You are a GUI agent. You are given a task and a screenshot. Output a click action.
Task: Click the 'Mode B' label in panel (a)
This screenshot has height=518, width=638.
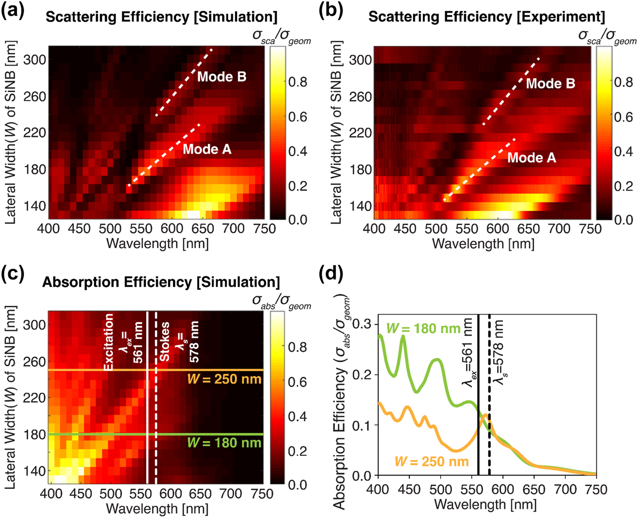tap(221, 76)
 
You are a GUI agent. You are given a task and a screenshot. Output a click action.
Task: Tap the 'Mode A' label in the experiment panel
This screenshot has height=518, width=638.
tap(531, 157)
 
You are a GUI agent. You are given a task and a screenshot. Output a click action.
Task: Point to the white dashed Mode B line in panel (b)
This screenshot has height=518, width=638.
tap(511, 91)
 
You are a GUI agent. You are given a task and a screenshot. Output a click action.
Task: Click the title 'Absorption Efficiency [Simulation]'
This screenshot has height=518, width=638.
tap(161, 282)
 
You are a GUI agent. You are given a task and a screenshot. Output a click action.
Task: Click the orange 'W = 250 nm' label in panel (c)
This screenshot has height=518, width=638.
tap(224, 379)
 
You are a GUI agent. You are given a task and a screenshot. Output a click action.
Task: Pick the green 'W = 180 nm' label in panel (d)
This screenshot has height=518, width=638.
tap(423, 329)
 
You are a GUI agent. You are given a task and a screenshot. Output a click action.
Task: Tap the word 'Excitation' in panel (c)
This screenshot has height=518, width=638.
tap(108, 342)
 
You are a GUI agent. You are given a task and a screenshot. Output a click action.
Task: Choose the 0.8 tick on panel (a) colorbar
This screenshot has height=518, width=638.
tap(297, 82)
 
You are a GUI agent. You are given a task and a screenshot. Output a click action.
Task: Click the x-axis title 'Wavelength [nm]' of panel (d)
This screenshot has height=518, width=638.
tap(485, 505)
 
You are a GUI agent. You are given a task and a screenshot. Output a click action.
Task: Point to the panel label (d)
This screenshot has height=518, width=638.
tap(331, 274)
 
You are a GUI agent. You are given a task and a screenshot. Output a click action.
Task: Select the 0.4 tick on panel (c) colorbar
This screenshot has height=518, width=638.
tap(297, 417)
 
